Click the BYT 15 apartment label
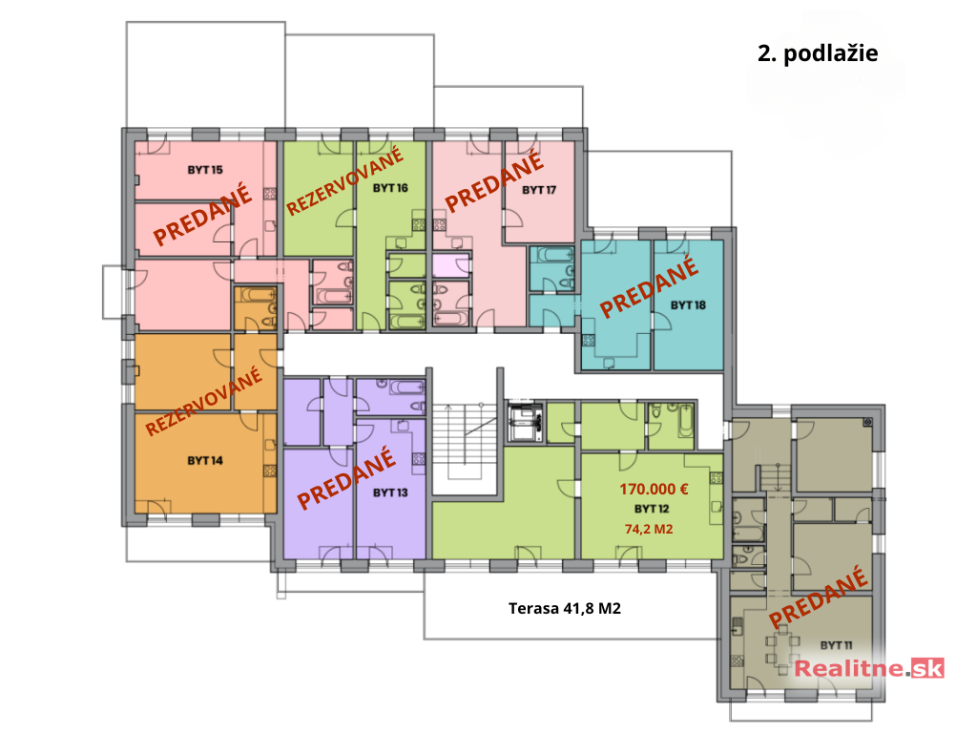[205, 170]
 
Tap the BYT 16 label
[390, 188]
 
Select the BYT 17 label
[539, 190]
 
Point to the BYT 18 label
[688, 304]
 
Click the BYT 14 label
[205, 461]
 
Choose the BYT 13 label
[390, 492]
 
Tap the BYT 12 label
[652, 509]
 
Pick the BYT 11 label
[836, 645]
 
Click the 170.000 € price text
[654, 490]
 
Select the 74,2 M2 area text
[649, 529]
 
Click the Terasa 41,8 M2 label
[565, 608]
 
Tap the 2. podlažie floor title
[818, 53]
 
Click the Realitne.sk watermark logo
[869, 668]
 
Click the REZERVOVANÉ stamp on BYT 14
[204, 401]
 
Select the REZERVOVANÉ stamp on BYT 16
[344, 180]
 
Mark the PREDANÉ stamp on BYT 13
[346, 478]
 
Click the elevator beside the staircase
[525, 422]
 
